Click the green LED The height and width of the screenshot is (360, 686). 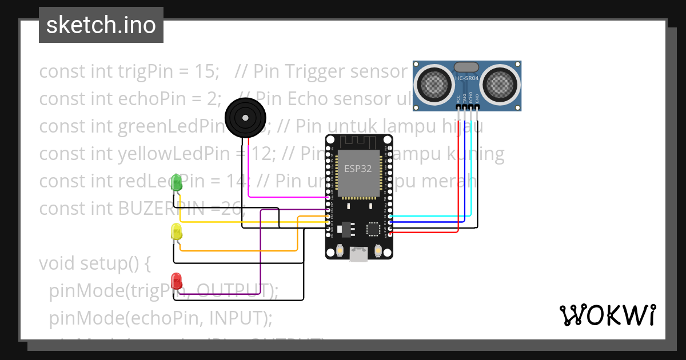pos(177,183)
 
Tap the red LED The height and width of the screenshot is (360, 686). pos(177,281)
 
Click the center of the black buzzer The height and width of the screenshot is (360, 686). pos(245,118)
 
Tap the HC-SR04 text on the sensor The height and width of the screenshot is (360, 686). pos(467,78)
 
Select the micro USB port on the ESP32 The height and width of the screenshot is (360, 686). pos(359,254)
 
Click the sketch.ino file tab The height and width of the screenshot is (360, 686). pos(101,25)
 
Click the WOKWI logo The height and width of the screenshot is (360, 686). pos(607,315)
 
